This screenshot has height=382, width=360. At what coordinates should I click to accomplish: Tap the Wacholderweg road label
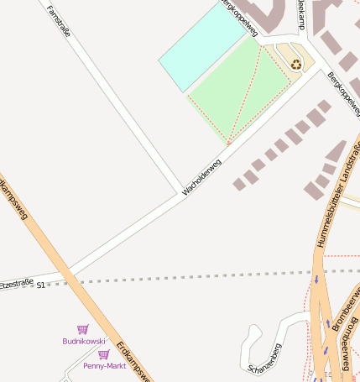201,178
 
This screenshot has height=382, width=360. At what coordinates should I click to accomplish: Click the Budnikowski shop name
84,341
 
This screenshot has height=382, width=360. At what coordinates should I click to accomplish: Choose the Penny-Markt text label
104,366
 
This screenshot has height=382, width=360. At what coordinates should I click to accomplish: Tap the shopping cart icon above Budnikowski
82,329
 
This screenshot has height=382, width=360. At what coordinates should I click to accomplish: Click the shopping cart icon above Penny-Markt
103,354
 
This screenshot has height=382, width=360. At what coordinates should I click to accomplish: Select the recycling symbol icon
295,64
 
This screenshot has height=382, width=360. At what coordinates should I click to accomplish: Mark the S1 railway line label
40,285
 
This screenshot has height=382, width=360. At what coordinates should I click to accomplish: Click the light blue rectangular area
201,47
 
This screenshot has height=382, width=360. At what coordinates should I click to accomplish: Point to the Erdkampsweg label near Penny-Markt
132,360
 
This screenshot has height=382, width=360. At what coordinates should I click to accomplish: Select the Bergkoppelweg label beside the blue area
238,17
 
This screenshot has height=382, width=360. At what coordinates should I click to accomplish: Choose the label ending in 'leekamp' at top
300,14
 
